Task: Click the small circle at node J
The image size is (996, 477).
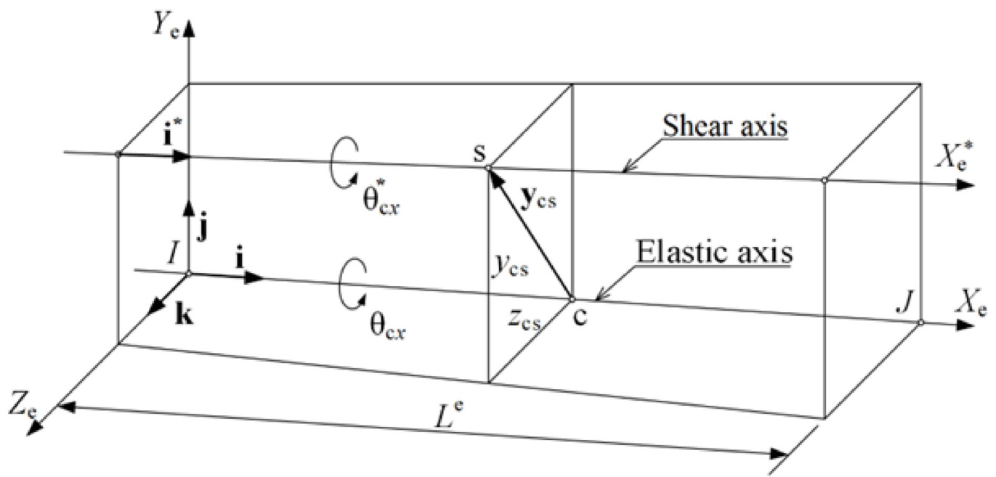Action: tap(920, 322)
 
